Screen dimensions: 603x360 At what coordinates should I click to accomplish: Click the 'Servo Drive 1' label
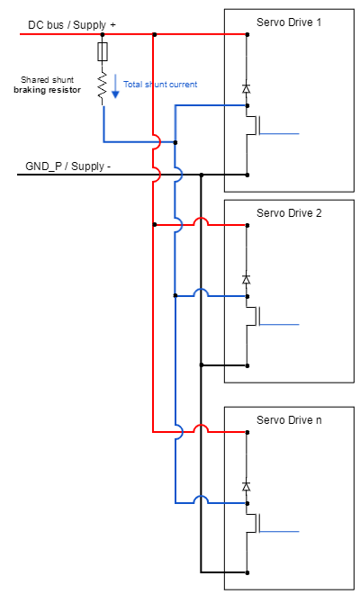tap(289, 22)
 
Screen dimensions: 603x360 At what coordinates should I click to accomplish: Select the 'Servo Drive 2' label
tap(289, 213)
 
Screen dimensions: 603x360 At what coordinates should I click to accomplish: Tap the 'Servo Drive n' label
tap(289, 419)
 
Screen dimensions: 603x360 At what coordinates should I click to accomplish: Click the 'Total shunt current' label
tap(160, 85)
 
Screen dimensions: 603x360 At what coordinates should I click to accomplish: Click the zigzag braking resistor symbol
tap(103, 85)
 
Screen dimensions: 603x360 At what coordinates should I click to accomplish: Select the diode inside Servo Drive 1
tap(247, 88)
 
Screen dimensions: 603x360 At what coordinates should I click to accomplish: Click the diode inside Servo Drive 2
tap(247, 279)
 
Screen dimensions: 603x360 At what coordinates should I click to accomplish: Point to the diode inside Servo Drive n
tap(247, 486)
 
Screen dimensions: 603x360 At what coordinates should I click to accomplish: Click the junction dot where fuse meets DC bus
tap(103, 35)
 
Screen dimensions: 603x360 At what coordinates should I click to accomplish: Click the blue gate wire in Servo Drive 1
tap(279, 132)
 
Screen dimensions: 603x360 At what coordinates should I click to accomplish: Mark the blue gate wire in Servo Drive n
tap(279, 530)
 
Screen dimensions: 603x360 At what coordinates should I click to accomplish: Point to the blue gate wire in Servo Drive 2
tap(279, 323)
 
